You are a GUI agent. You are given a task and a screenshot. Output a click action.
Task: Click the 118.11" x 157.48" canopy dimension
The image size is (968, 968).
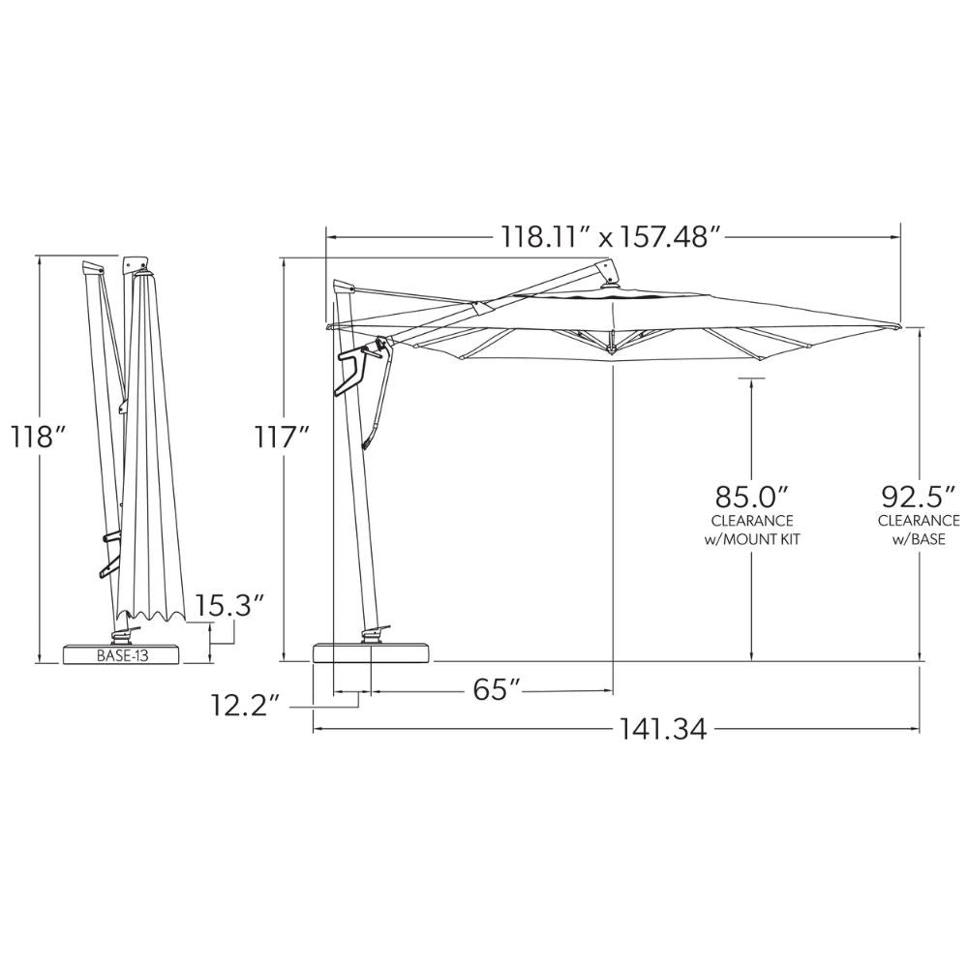[x=613, y=237]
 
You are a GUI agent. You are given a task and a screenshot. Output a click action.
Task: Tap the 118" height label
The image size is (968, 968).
[x=38, y=437]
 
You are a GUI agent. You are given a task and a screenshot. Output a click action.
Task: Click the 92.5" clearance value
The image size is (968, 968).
[x=917, y=498]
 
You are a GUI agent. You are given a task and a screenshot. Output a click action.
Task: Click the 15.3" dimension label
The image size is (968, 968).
[x=230, y=606]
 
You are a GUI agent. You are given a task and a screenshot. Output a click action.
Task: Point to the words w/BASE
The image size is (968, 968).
[x=918, y=538]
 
